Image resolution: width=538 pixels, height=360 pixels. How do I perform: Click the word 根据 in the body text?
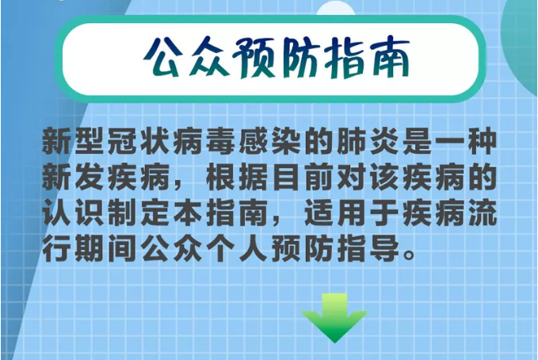(236, 178)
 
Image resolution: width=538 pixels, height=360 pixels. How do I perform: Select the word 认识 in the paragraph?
(72, 213)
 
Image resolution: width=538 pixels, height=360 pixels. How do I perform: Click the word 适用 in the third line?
(335, 213)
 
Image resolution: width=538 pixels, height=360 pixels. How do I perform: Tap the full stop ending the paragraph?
(410, 255)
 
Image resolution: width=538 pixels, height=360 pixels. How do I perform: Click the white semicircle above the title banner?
(336, 8)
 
